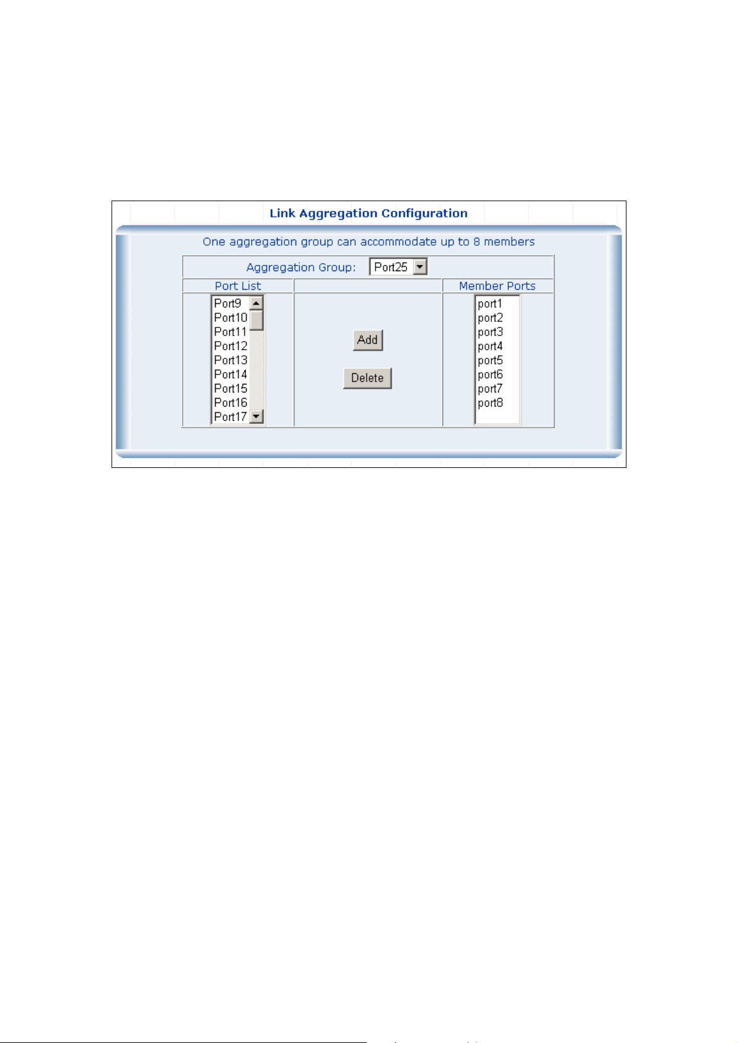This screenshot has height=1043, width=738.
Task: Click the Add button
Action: click(x=367, y=340)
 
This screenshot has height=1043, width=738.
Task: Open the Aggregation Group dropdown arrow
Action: click(x=420, y=267)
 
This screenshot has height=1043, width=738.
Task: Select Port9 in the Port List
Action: click(x=227, y=303)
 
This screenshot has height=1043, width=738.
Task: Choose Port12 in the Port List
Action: click(x=231, y=346)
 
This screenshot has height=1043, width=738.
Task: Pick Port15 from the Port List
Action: click(x=231, y=388)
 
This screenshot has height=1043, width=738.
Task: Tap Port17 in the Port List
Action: click(x=231, y=417)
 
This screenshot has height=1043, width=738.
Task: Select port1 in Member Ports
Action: click(x=490, y=304)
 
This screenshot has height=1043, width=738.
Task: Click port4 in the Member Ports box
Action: click(x=490, y=347)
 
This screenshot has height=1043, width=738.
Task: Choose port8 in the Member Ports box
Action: click(x=490, y=403)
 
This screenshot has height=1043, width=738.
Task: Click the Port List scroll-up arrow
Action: click(x=256, y=303)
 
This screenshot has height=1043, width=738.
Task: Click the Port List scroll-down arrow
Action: click(x=257, y=416)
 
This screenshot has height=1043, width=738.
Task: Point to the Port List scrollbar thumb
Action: click(x=257, y=321)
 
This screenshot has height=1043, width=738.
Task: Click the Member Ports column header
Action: click(x=497, y=286)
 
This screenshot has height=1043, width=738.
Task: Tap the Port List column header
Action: click(x=238, y=286)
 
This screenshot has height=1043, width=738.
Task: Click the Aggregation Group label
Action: click(x=301, y=267)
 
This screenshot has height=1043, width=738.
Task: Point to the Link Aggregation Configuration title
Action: click(x=368, y=214)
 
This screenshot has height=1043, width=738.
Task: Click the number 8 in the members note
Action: click(x=477, y=241)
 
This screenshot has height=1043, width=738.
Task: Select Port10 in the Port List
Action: click(x=231, y=318)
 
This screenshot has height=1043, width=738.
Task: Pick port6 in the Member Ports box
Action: click(x=490, y=375)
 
